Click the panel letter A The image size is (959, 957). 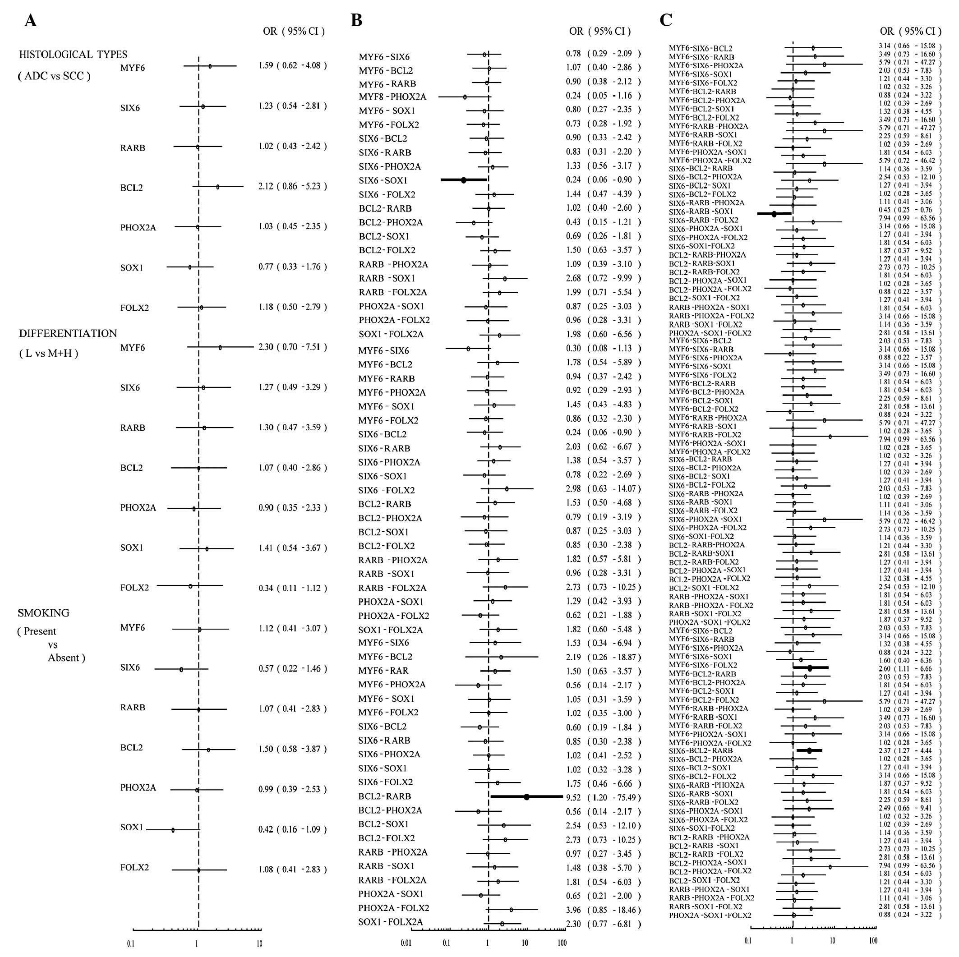(30, 21)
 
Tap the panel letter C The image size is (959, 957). (666, 21)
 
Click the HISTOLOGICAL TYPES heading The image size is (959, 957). (73, 55)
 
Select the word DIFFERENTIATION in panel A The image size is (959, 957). (68, 334)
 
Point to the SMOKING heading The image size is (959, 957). (43, 613)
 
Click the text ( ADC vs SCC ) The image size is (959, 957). (54, 76)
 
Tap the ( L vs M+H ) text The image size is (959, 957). (49, 354)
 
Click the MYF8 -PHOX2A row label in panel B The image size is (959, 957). (392, 97)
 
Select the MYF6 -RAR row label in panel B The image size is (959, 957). (383, 671)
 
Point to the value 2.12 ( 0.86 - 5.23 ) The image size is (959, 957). (292, 187)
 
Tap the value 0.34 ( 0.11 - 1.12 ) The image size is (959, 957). (292, 589)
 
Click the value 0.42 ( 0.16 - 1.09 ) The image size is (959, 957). (292, 829)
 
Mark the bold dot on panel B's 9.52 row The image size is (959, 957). (526, 796)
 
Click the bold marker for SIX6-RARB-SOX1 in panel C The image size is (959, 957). (774, 214)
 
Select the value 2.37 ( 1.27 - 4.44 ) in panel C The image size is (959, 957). (909, 750)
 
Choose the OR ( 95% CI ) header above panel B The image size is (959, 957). (599, 31)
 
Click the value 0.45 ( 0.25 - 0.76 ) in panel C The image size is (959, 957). (909, 211)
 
